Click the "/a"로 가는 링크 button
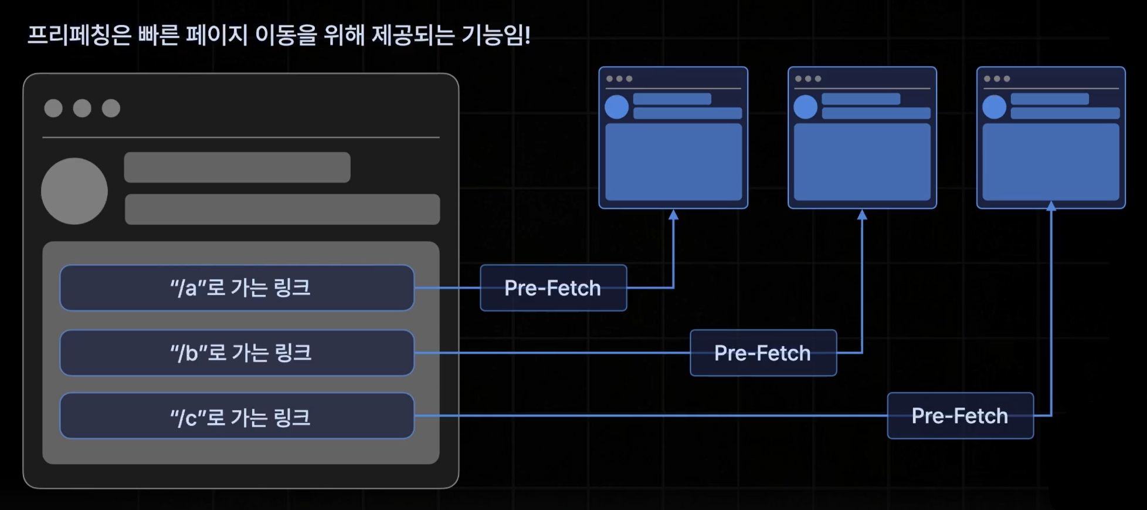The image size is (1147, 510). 237,288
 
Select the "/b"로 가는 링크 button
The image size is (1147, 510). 237,353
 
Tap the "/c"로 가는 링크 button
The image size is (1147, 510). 237,416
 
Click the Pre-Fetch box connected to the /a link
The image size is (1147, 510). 553,288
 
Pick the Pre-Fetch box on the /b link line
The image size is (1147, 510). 763,353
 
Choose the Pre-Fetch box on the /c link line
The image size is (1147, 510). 960,416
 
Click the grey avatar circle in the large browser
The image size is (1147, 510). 74,191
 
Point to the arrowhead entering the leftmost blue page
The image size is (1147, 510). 673,215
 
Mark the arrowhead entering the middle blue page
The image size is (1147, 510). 862,215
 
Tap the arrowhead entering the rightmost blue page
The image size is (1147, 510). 1051,206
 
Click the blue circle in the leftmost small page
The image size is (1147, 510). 616,107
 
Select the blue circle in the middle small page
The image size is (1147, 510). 805,107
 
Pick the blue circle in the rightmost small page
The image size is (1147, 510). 994,107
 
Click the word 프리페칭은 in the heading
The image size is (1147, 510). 79,35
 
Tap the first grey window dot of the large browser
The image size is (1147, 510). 53,109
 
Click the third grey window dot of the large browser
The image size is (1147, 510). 111,109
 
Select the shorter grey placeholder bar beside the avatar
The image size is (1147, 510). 237,167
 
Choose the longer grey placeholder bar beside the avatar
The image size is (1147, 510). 282,209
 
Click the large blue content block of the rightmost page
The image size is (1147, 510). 1051,161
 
